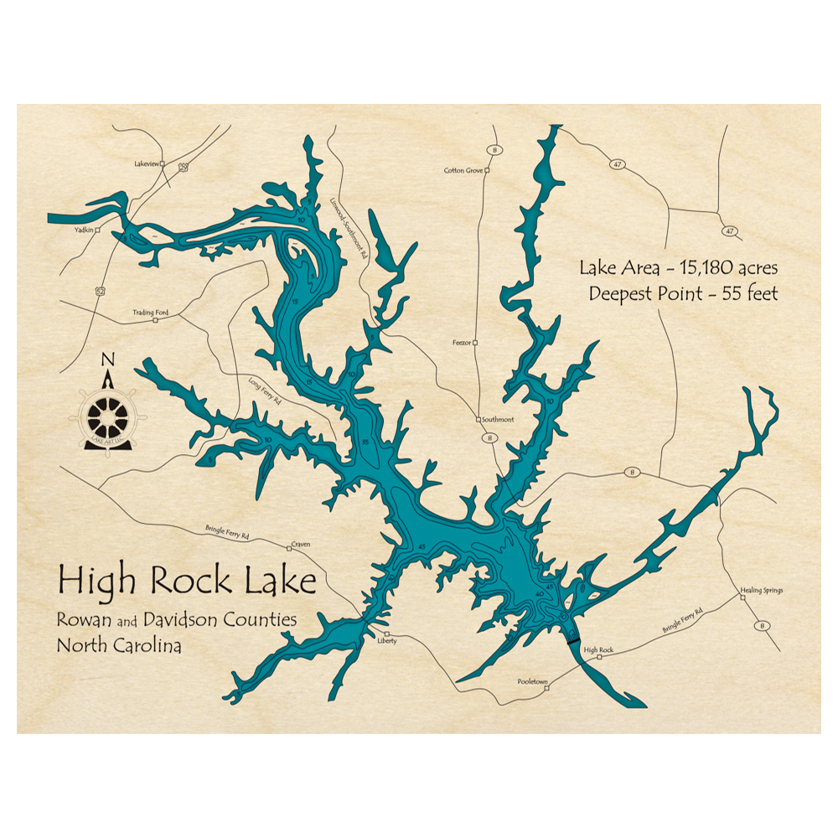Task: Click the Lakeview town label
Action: tap(146, 164)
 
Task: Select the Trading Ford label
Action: tap(150, 313)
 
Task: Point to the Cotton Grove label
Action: tap(463, 170)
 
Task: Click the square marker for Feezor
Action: tap(476, 343)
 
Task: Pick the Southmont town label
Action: tap(498, 419)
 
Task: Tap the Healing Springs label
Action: tap(761, 591)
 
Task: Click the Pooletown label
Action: tap(532, 682)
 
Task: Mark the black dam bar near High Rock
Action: tap(573, 641)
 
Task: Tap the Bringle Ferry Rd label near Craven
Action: tap(226, 533)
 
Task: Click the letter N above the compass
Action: tap(107, 360)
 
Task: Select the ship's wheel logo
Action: tap(107, 414)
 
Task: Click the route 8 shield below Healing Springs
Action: tap(762, 625)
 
